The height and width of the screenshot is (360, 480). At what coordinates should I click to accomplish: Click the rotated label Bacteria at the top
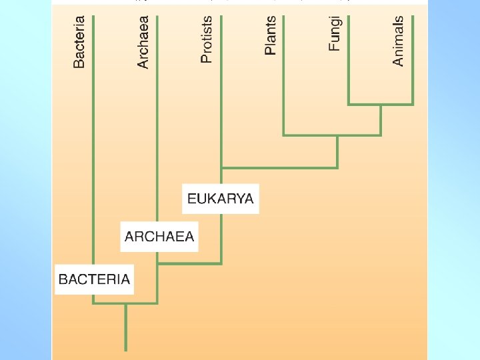point(79,43)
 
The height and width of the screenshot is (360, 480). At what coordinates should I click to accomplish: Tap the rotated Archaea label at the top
point(143,43)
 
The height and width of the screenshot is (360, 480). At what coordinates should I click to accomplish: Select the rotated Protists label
point(207,40)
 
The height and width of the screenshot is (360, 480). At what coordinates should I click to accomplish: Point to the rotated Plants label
point(270,36)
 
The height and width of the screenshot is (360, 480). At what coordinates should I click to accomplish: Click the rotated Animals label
point(399,41)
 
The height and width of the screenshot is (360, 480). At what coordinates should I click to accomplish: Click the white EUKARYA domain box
point(221,199)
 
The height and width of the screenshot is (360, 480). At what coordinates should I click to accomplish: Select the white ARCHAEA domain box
point(159,237)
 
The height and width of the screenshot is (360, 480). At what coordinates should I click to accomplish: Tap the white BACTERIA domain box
point(94,279)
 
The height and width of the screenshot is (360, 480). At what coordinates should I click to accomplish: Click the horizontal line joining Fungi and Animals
point(381,104)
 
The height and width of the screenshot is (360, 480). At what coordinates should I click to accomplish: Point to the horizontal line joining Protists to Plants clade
point(279,167)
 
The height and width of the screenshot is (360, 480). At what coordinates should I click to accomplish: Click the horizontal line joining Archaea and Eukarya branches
point(189,263)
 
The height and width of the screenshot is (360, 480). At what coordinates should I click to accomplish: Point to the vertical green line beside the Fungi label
point(349,73)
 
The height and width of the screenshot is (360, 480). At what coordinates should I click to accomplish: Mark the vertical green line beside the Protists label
point(221,100)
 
